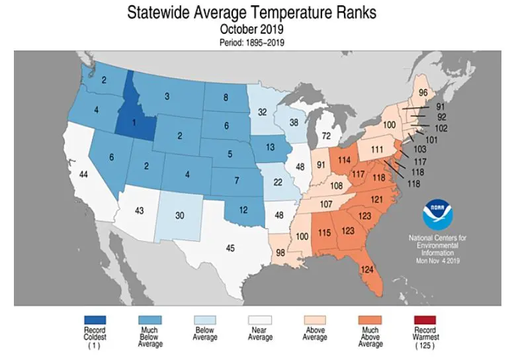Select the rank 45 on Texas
230,248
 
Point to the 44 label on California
83,174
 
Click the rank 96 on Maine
404,93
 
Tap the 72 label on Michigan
325,135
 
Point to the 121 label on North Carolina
377,199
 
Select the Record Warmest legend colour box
426,320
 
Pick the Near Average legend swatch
260,320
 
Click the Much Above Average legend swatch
370,320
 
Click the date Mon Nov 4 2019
438,261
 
